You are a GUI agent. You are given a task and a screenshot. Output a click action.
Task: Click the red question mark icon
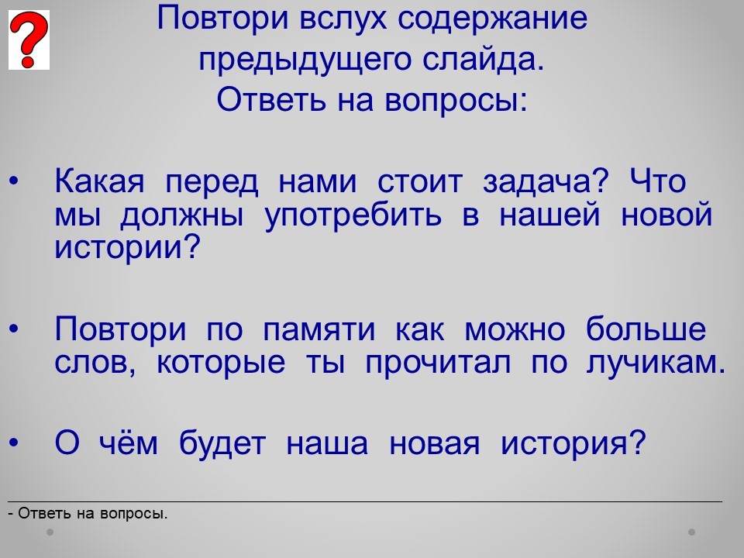point(29,40)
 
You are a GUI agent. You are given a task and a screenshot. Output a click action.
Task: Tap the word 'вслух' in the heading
point(343,19)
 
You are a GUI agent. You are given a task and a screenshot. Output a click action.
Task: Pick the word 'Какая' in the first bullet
point(99,181)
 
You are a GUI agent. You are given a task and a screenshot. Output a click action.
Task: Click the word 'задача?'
point(545,182)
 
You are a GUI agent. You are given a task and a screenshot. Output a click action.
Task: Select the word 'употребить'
point(353,215)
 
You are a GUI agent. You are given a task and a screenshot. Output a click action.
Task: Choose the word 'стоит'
point(419,182)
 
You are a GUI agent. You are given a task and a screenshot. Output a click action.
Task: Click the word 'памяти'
point(319,330)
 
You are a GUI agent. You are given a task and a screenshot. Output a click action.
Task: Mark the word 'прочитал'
point(438,363)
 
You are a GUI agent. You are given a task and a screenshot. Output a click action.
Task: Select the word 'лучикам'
point(652,363)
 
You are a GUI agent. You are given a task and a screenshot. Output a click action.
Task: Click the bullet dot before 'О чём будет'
point(14,443)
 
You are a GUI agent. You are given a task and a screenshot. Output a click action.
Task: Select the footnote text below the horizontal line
point(88,513)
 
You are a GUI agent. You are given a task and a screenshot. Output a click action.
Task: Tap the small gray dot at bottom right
point(692,532)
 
